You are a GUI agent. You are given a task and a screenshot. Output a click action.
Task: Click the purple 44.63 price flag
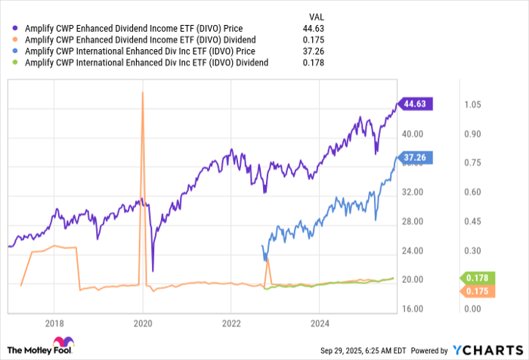pyautogui.click(x=416, y=104)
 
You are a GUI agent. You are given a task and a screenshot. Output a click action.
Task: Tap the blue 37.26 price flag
pyautogui.click(x=416, y=157)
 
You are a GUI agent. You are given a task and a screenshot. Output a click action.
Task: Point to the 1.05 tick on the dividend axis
pyautogui.click(x=472, y=104)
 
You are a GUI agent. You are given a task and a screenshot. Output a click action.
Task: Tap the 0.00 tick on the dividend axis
pyautogui.click(x=472, y=309)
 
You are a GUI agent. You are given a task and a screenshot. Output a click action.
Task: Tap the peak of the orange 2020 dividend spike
pyautogui.click(x=143, y=92)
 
